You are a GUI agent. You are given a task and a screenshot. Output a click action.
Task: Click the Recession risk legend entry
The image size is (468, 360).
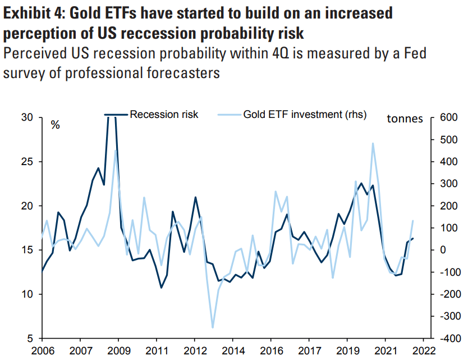(164, 115)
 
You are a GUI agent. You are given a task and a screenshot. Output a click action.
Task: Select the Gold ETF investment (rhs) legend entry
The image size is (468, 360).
(305, 115)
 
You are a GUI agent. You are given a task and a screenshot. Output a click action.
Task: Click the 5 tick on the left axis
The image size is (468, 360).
(32, 339)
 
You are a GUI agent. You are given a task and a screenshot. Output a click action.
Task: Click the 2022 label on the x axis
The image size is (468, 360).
(423, 352)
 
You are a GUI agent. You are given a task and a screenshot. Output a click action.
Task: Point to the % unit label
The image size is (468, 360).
(56, 125)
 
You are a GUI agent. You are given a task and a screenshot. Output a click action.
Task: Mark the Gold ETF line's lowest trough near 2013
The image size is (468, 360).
(213, 327)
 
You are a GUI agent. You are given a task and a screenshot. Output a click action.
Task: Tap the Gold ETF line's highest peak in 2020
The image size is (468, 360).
(373, 143)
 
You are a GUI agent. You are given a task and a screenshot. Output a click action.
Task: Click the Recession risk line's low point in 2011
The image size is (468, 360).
(161, 288)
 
